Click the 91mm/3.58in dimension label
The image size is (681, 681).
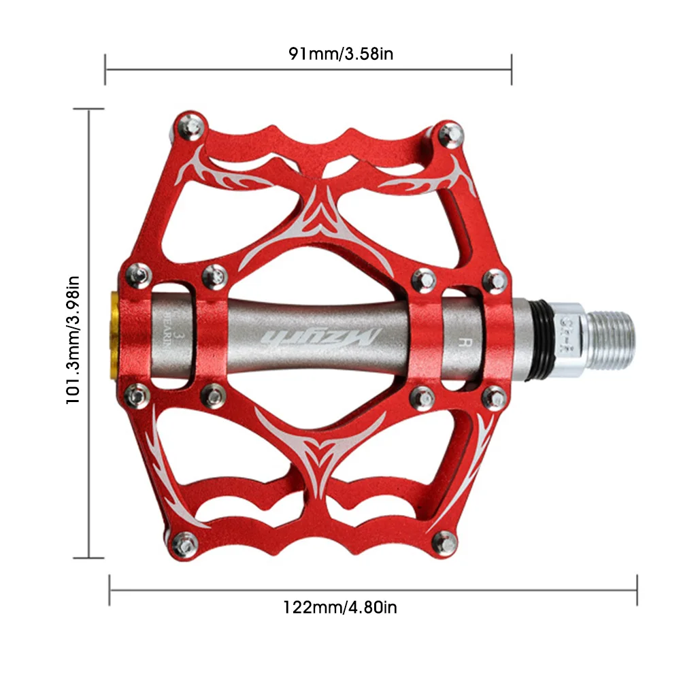tap(340, 53)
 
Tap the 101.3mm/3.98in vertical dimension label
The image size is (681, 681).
tap(73, 339)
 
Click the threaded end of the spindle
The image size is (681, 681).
tap(610, 333)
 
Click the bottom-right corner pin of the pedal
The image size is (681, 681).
tap(447, 542)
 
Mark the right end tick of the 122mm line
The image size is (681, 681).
tap(637, 589)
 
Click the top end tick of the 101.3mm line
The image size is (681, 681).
tap(89, 109)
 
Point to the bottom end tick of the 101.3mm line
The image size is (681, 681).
tap(89, 558)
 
